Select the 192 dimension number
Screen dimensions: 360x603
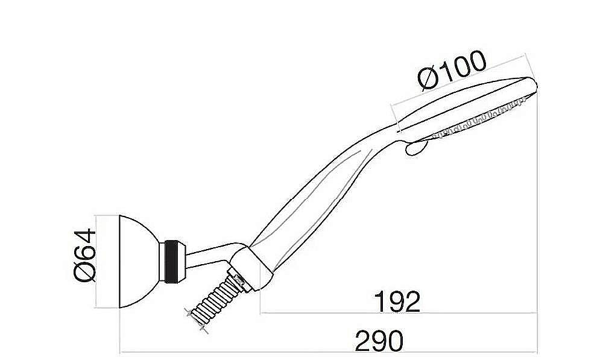(x=396, y=301)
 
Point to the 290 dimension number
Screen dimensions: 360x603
(x=379, y=341)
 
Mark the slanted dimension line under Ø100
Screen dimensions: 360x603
(x=458, y=84)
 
